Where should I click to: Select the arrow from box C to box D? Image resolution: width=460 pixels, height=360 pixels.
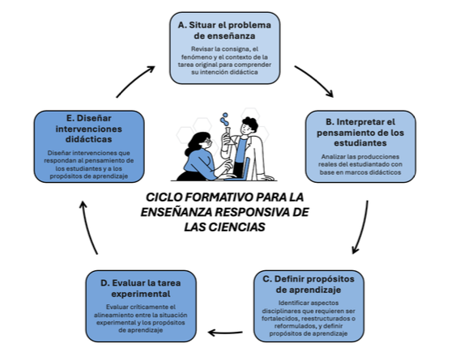tap(229, 330)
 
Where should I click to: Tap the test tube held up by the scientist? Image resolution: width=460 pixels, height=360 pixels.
tap(229, 124)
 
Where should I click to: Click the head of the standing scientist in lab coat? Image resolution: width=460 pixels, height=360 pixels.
tap(250, 126)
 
